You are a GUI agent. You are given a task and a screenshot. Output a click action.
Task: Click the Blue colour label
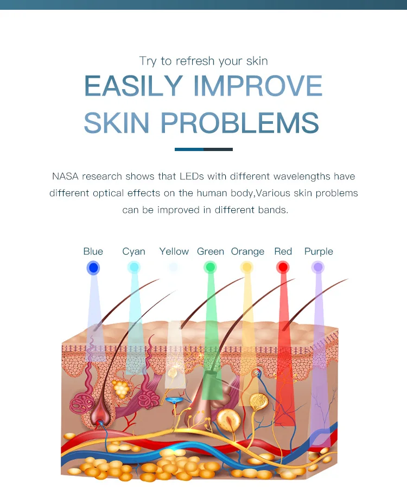pyautogui.click(x=93, y=252)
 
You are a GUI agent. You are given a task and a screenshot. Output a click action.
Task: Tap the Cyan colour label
pyautogui.click(x=133, y=252)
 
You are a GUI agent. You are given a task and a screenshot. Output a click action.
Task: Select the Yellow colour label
pyautogui.click(x=174, y=252)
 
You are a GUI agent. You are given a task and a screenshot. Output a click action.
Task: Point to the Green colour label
pyautogui.click(x=211, y=252)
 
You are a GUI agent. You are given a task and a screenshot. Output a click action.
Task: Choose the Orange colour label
pyautogui.click(x=247, y=252)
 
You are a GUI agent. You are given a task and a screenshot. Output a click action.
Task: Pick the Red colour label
pyautogui.click(x=283, y=252)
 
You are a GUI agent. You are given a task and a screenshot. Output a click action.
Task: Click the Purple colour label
pyautogui.click(x=319, y=252)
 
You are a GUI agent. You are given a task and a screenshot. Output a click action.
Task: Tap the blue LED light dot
pyautogui.click(x=93, y=267)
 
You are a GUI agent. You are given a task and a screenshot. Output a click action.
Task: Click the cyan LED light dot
pyautogui.click(x=133, y=267)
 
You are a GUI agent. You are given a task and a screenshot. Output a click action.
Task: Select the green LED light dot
pyautogui.click(x=210, y=267)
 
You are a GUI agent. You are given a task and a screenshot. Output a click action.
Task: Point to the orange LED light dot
pyautogui.click(x=247, y=267)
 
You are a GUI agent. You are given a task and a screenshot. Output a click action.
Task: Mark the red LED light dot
pyautogui.click(x=283, y=267)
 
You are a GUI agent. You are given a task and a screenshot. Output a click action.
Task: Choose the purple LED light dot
pyautogui.click(x=318, y=267)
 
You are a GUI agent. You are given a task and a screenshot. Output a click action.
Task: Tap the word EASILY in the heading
pyautogui.click(x=134, y=86)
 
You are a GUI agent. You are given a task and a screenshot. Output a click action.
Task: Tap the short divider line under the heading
pyautogui.click(x=203, y=149)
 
